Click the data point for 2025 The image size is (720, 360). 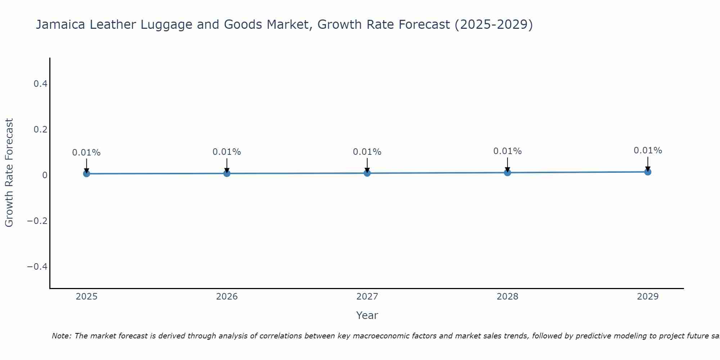tap(86, 174)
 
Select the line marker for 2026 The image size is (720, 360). tap(227, 173)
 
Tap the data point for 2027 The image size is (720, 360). tap(367, 173)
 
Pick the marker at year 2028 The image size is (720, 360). tap(508, 172)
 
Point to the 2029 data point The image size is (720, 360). tap(648, 172)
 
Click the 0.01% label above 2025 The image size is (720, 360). tap(86, 153)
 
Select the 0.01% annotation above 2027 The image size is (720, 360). tap(367, 152)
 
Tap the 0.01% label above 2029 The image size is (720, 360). tap(648, 150)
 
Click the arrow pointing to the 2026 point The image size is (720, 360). tap(227, 165)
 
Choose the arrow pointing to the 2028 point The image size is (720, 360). tap(508, 165)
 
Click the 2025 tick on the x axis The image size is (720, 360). tap(86, 297)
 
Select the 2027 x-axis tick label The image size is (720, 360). tap(367, 297)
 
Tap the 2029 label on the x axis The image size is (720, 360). tap(648, 297)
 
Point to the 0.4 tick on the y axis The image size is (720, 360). tap(40, 84)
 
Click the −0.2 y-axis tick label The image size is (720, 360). tap(37, 221)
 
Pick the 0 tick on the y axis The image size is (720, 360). tap(45, 175)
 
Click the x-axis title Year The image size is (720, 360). tap(367, 316)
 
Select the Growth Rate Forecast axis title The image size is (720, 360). tap(9, 173)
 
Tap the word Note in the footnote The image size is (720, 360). tap(61, 336)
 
